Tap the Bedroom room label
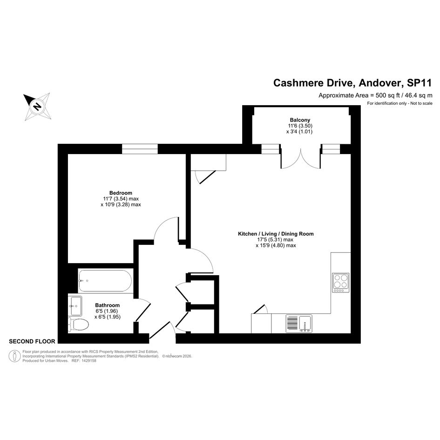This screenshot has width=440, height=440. pos(121,193)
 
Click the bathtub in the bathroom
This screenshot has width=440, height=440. pos(105,281)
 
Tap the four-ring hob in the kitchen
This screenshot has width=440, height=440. pos(340,283)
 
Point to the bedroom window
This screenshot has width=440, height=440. pos(140,149)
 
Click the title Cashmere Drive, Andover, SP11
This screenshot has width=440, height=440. pos(353,83)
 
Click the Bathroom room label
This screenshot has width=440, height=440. pos(107,305)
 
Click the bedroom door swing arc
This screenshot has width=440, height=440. pos(165,227)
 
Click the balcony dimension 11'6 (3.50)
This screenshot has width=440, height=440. pos(299,126)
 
